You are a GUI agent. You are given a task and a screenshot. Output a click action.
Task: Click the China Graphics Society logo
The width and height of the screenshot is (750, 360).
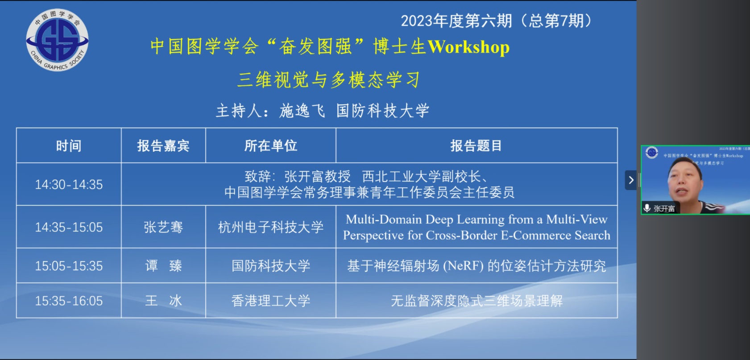coord(57,40)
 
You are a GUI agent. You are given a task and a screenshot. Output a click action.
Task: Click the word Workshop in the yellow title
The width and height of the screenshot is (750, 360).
coord(469,47)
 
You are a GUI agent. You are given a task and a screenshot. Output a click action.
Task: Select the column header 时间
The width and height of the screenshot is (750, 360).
coord(69,146)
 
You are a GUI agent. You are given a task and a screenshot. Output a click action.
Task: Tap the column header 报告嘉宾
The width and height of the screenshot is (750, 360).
coord(163,146)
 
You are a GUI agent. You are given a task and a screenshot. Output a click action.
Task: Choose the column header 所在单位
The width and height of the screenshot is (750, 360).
coord(270,146)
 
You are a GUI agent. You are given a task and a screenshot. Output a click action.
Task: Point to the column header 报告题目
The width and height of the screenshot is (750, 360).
coord(476,146)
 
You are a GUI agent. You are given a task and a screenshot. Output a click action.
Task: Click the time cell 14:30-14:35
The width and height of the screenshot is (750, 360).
coord(69,185)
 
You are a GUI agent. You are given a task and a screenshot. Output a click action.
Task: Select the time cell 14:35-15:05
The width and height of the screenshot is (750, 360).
coord(69,228)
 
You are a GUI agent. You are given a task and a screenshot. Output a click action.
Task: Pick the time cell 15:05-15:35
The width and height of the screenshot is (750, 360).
coord(69,266)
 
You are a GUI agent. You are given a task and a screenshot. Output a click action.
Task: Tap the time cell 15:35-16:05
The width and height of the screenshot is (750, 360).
coord(69,301)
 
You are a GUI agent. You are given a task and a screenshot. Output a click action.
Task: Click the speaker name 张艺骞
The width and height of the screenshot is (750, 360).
coord(163,228)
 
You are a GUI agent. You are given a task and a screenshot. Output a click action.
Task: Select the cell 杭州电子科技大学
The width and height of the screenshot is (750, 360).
coord(270,228)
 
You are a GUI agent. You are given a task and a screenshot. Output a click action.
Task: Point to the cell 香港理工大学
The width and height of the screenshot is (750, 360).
coord(270,301)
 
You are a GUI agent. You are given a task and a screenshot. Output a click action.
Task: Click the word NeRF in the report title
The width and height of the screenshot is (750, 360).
coord(464,266)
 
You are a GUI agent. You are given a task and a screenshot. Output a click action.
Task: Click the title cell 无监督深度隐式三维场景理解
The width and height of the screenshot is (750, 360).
coord(477,301)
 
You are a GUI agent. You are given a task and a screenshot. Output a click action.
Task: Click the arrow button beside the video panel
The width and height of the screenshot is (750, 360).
coord(631,180)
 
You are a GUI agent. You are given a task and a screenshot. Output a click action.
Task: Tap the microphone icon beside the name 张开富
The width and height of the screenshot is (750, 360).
coord(647,208)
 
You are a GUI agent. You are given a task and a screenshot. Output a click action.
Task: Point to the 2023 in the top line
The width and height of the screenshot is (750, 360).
coord(417,21)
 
